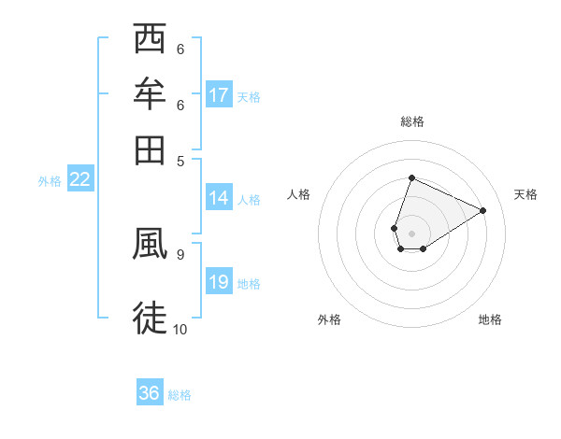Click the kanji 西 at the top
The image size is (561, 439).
point(151,40)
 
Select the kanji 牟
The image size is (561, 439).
point(151,94)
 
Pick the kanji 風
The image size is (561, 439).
point(151,244)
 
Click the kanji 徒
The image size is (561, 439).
point(151,318)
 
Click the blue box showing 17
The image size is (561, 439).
point(219,95)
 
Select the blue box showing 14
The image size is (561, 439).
point(219,198)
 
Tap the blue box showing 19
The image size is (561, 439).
point(219,283)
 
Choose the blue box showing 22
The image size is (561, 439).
point(79,180)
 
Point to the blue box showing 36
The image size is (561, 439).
point(150,394)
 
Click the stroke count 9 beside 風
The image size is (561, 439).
point(180,253)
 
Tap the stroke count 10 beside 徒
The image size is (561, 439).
point(180,329)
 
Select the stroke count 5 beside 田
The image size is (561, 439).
point(180,160)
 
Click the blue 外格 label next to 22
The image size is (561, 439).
point(50,181)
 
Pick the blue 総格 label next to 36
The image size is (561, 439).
point(180,395)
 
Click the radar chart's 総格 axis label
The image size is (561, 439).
point(411,121)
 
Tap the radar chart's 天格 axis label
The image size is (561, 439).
point(525,194)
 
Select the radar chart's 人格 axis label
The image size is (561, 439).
point(299,194)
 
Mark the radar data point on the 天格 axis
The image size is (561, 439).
point(482,210)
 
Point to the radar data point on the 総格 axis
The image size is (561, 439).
point(411,177)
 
